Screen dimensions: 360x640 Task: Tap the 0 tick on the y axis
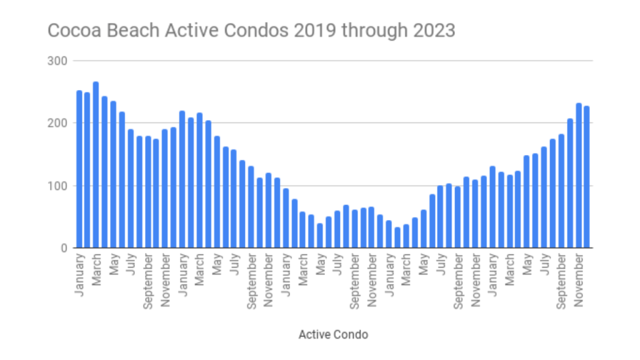(x=64, y=248)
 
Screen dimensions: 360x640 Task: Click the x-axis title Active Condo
(x=333, y=334)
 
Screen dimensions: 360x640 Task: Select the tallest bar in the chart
(x=96, y=165)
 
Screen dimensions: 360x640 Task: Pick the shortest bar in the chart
(x=397, y=237)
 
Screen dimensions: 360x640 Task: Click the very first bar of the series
(x=79, y=169)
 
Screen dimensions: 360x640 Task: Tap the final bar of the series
(x=587, y=177)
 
